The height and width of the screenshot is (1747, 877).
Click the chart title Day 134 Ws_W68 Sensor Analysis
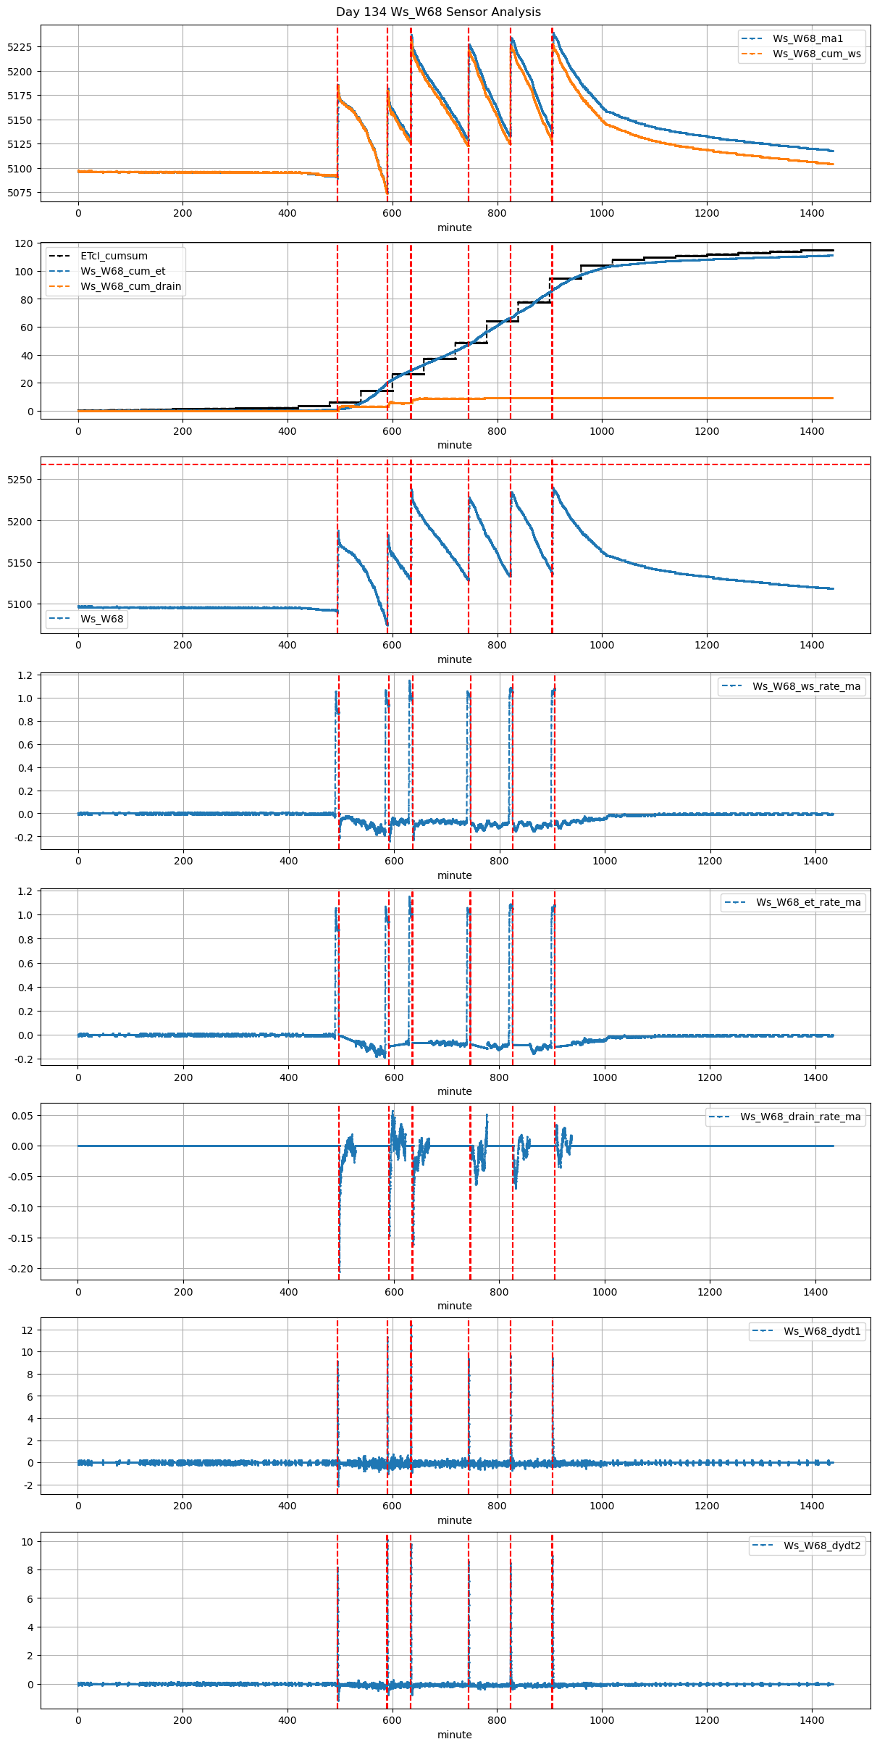tap(438, 12)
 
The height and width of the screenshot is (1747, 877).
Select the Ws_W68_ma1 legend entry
tap(807, 38)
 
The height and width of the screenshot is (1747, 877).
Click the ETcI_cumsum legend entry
tap(114, 256)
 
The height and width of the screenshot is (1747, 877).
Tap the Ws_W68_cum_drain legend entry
tap(130, 286)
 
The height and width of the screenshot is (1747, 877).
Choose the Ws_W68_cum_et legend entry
tap(122, 271)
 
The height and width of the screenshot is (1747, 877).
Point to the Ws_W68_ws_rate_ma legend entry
tap(806, 686)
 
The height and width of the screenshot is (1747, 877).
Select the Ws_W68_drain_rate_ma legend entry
tap(800, 1117)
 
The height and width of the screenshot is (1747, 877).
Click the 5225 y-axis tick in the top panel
tap(20, 47)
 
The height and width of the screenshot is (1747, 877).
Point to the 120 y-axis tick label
tap(25, 243)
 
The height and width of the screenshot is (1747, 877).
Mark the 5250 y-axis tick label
tap(20, 480)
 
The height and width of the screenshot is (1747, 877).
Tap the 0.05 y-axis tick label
tap(22, 1116)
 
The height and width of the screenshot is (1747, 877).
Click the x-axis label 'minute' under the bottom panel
tap(454, 1735)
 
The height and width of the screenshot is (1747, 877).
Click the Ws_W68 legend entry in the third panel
tap(101, 619)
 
